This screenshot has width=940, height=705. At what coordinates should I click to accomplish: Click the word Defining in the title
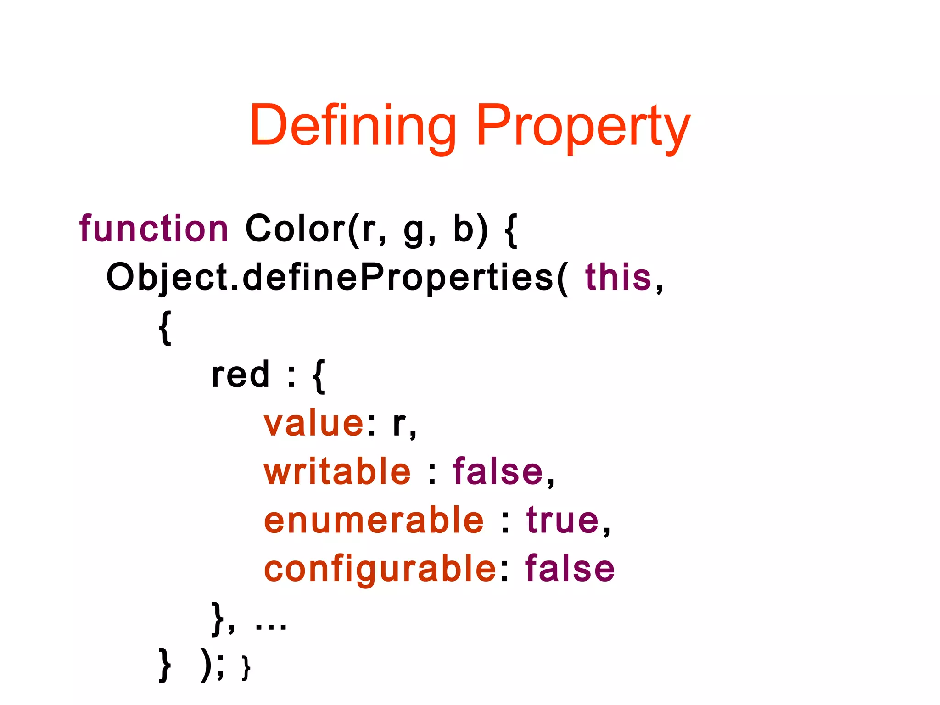coord(352,126)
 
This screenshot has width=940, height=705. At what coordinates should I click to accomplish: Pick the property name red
coord(240,375)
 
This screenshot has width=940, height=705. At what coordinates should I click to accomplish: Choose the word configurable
coord(380,569)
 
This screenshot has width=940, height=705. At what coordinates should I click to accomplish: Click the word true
coord(563,520)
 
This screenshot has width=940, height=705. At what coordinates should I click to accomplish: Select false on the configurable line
coord(570,569)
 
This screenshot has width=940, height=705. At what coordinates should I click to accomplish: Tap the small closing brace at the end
coord(246,668)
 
